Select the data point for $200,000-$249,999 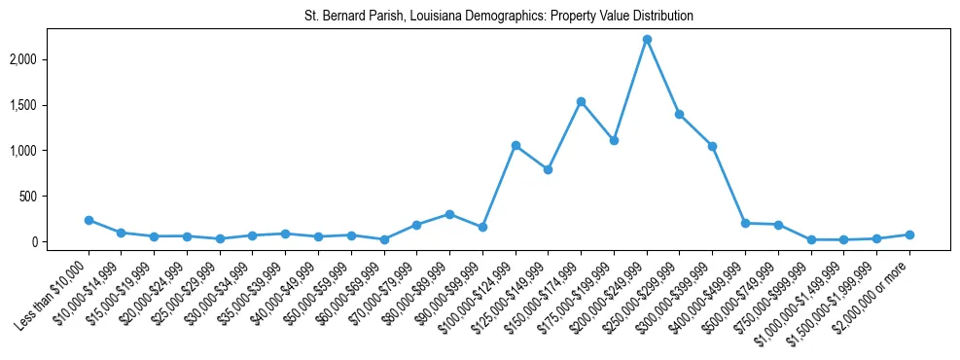[x=647, y=39]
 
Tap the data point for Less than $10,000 [x=89, y=220]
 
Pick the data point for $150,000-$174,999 [x=581, y=101]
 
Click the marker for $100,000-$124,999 [x=516, y=145]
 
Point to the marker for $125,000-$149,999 [x=549, y=169]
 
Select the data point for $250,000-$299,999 [x=680, y=114]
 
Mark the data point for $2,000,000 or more [x=909, y=234]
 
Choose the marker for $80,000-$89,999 [x=449, y=214]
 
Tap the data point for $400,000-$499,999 [x=745, y=223]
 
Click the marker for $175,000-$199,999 [x=614, y=140]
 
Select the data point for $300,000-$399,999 [x=713, y=146]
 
